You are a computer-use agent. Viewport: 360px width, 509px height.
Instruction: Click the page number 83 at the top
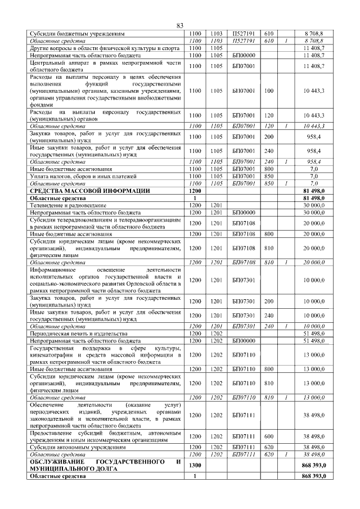pos(180,25)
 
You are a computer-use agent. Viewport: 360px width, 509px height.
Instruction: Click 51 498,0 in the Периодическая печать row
pos(314,334)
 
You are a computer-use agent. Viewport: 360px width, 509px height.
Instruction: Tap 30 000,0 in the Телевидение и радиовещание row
pos(314,206)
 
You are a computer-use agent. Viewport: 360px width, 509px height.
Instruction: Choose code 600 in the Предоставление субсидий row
pos(268,436)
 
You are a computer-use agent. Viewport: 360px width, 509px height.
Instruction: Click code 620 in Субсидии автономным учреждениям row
pos(268,447)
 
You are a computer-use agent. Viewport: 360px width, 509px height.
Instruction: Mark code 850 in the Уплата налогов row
pos(268,176)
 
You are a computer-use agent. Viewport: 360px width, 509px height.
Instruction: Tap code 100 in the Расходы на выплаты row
pos(268,90)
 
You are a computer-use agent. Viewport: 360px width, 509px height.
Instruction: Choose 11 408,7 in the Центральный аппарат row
pos(314,66)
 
